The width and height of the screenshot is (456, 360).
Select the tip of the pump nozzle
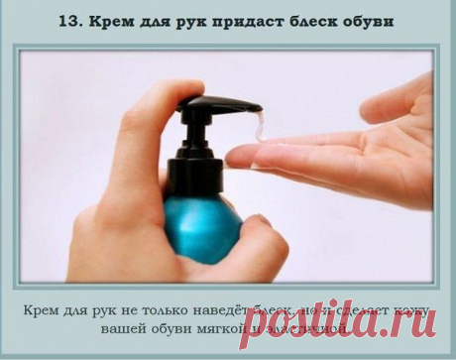[x=259, y=108]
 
